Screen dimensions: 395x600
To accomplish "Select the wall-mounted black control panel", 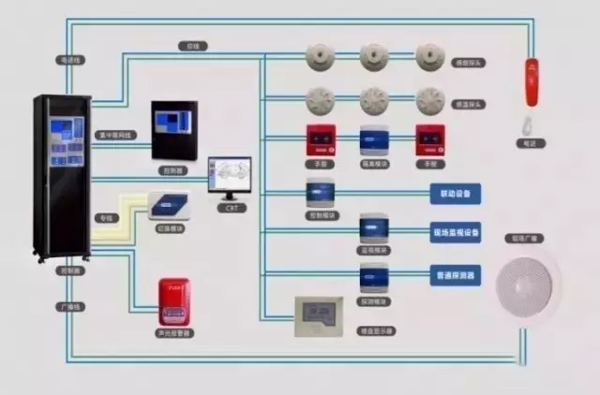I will (x=174, y=130).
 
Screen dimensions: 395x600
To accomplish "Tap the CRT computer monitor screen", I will (x=230, y=175).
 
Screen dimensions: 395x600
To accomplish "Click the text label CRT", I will (x=231, y=208).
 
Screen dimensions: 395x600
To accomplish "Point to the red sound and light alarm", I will (x=174, y=300).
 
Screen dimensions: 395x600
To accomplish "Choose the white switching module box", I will (x=169, y=205).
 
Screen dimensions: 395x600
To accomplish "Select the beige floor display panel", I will (x=319, y=315).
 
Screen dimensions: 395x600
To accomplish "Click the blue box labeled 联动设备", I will (x=456, y=195).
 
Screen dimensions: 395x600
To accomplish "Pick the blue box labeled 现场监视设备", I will (x=456, y=231).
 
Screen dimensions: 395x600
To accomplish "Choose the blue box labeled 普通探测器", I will (x=456, y=276).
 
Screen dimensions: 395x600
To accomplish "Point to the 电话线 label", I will (x=70, y=59).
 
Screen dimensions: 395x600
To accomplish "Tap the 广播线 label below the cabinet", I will (x=68, y=306).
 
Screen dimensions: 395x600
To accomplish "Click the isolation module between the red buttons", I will (x=374, y=140).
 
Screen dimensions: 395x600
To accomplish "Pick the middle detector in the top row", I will (x=374, y=56).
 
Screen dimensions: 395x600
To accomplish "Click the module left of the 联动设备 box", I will (x=320, y=195).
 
